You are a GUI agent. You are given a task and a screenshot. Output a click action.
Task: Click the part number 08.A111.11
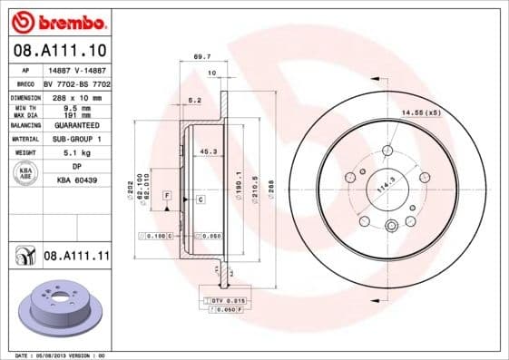76,257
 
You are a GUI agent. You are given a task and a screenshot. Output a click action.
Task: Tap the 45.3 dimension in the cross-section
207,151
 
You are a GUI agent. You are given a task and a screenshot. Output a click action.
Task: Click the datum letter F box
167,195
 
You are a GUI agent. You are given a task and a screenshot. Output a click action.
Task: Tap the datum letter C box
199,198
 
